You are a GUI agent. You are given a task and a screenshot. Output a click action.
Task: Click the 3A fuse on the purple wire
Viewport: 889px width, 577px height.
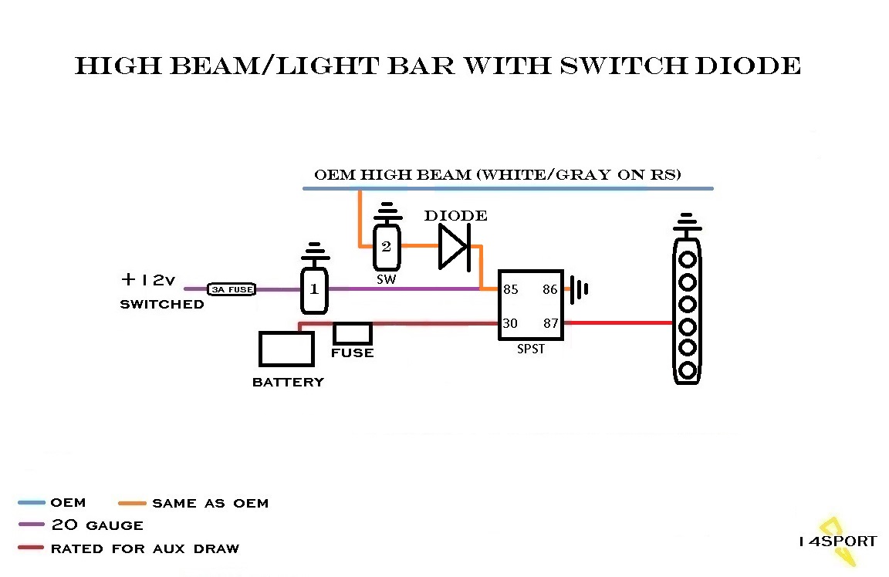click(x=232, y=289)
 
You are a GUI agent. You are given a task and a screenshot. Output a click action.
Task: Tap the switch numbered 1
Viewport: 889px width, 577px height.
click(x=314, y=291)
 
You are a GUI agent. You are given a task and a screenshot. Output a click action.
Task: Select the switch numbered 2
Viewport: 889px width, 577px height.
click(x=387, y=247)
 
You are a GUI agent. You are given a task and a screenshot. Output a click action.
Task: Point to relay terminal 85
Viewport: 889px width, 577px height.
click(x=510, y=290)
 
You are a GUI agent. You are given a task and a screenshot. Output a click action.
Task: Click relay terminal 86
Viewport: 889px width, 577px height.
click(x=549, y=290)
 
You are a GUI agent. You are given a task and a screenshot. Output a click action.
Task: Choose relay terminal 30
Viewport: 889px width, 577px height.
click(x=510, y=323)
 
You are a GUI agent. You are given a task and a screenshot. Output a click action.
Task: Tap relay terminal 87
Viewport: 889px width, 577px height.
click(x=549, y=323)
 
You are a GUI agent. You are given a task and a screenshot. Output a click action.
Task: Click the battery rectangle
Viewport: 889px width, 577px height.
click(x=286, y=349)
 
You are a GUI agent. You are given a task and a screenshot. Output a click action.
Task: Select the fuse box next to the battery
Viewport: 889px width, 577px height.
click(x=352, y=333)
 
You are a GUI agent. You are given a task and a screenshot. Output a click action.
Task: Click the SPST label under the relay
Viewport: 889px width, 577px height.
click(x=530, y=349)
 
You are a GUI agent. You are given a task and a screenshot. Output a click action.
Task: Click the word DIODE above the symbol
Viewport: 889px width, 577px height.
click(x=455, y=216)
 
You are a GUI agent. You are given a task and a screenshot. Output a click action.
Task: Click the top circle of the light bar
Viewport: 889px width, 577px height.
click(x=686, y=257)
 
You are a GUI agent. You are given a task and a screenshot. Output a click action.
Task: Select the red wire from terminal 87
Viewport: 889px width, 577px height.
click(x=617, y=322)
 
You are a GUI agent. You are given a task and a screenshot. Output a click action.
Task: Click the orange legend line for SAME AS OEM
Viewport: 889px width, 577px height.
click(x=132, y=503)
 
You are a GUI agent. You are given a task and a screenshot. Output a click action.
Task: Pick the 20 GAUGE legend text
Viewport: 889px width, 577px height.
click(x=96, y=525)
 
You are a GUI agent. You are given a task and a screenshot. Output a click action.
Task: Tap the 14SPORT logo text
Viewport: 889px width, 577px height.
click(x=837, y=541)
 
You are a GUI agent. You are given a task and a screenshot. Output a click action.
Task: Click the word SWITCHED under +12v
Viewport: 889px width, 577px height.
click(x=162, y=304)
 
